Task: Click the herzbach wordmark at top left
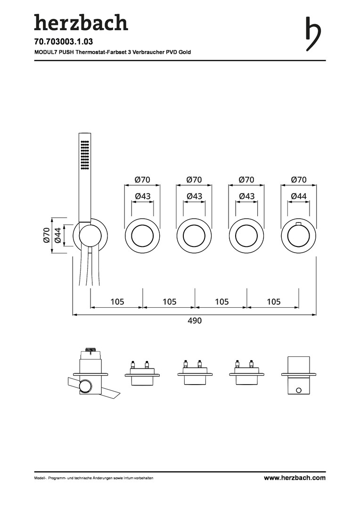coord(81,23)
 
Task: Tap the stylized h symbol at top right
coord(313,34)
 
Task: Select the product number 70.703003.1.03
coord(59,41)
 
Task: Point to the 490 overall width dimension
coord(195,321)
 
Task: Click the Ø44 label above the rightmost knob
coord(299,196)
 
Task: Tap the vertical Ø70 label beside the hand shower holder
coord(47,235)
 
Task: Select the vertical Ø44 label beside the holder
coord(58,235)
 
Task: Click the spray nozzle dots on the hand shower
coord(85,155)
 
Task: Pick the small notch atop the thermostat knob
coord(299,224)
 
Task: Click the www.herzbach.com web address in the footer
coord(295,477)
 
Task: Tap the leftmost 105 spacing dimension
coord(117,302)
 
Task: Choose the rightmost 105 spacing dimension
coord(274,302)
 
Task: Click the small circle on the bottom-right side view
coord(299,390)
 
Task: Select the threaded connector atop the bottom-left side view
coord(90,349)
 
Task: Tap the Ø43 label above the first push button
coord(142,196)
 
